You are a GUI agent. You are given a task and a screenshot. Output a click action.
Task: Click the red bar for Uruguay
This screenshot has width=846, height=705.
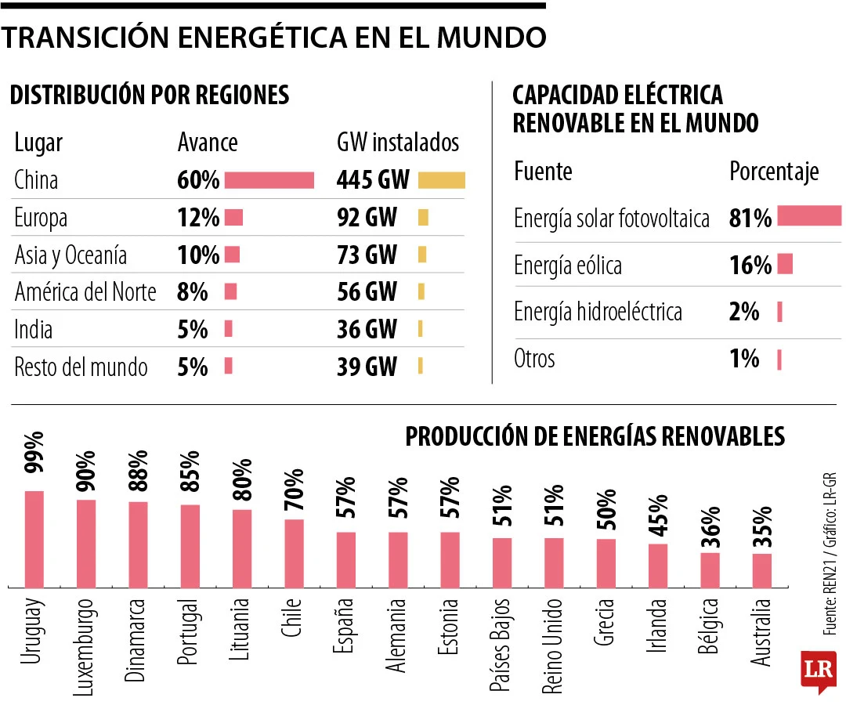pyautogui.click(x=34, y=539)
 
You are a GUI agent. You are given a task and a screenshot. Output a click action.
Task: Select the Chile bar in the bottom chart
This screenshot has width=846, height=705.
pyautogui.click(x=294, y=553)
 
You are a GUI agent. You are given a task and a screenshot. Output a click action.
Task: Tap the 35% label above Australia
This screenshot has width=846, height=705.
pyautogui.click(x=762, y=528)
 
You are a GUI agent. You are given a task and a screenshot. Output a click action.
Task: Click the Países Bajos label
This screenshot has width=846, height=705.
pyautogui.click(x=501, y=645)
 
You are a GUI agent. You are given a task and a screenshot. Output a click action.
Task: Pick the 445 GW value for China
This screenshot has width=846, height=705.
pyautogui.click(x=373, y=180)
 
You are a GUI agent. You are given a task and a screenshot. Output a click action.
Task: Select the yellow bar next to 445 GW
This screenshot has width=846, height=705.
pyautogui.click(x=442, y=180)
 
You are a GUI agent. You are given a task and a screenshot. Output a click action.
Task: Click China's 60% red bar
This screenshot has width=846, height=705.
pyautogui.click(x=269, y=180)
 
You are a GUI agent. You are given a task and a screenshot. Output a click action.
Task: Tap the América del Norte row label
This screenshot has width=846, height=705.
pyautogui.click(x=85, y=292)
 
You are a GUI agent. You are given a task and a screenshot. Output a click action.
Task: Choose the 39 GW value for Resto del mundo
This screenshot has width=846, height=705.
pyautogui.click(x=367, y=366)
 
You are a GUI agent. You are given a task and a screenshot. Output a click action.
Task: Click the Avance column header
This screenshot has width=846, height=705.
pyautogui.click(x=208, y=143)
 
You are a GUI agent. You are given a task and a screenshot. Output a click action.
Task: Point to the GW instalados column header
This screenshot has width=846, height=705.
pyautogui.click(x=398, y=143)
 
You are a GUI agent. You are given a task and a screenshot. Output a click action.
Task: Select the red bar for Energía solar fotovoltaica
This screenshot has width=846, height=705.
pyautogui.click(x=809, y=216)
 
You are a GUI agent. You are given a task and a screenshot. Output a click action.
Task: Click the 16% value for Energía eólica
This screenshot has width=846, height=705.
pyautogui.click(x=750, y=266)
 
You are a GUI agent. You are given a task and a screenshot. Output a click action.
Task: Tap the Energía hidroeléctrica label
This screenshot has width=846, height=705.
pyautogui.click(x=598, y=312)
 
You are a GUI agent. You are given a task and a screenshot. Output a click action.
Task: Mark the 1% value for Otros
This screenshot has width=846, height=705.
pyautogui.click(x=744, y=359)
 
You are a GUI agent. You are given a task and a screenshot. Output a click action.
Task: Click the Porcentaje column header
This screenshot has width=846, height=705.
pyautogui.click(x=774, y=172)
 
